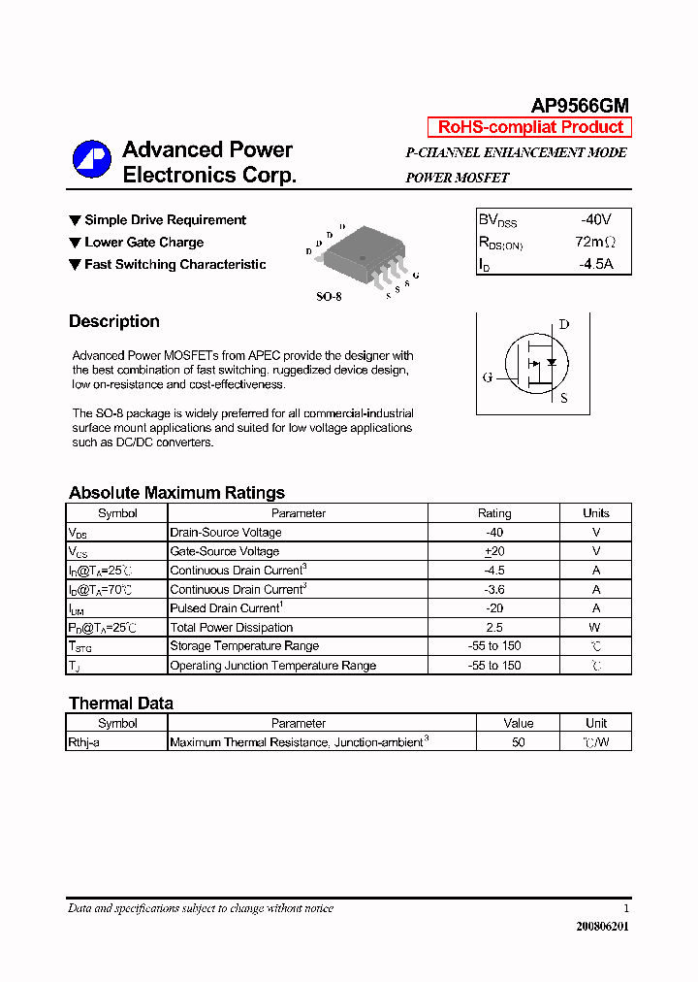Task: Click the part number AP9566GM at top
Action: click(x=579, y=106)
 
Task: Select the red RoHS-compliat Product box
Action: click(x=529, y=127)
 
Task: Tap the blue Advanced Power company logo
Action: click(x=92, y=160)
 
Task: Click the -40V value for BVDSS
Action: click(x=596, y=220)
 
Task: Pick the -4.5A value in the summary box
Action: click(x=596, y=263)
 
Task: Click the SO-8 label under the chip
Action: click(x=330, y=296)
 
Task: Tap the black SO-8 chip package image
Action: click(x=361, y=255)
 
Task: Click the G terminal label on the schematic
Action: click(x=487, y=377)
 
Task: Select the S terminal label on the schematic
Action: click(x=563, y=398)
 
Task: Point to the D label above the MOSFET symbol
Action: click(x=563, y=325)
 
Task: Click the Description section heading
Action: click(x=114, y=321)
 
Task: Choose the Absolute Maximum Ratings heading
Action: click(x=176, y=492)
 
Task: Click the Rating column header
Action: click(x=494, y=513)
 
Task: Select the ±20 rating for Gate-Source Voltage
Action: click(x=494, y=551)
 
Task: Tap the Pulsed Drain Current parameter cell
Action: click(x=226, y=608)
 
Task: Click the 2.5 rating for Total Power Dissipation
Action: click(x=494, y=627)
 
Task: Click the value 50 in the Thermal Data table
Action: click(x=519, y=742)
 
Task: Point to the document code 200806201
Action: click(x=602, y=927)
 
